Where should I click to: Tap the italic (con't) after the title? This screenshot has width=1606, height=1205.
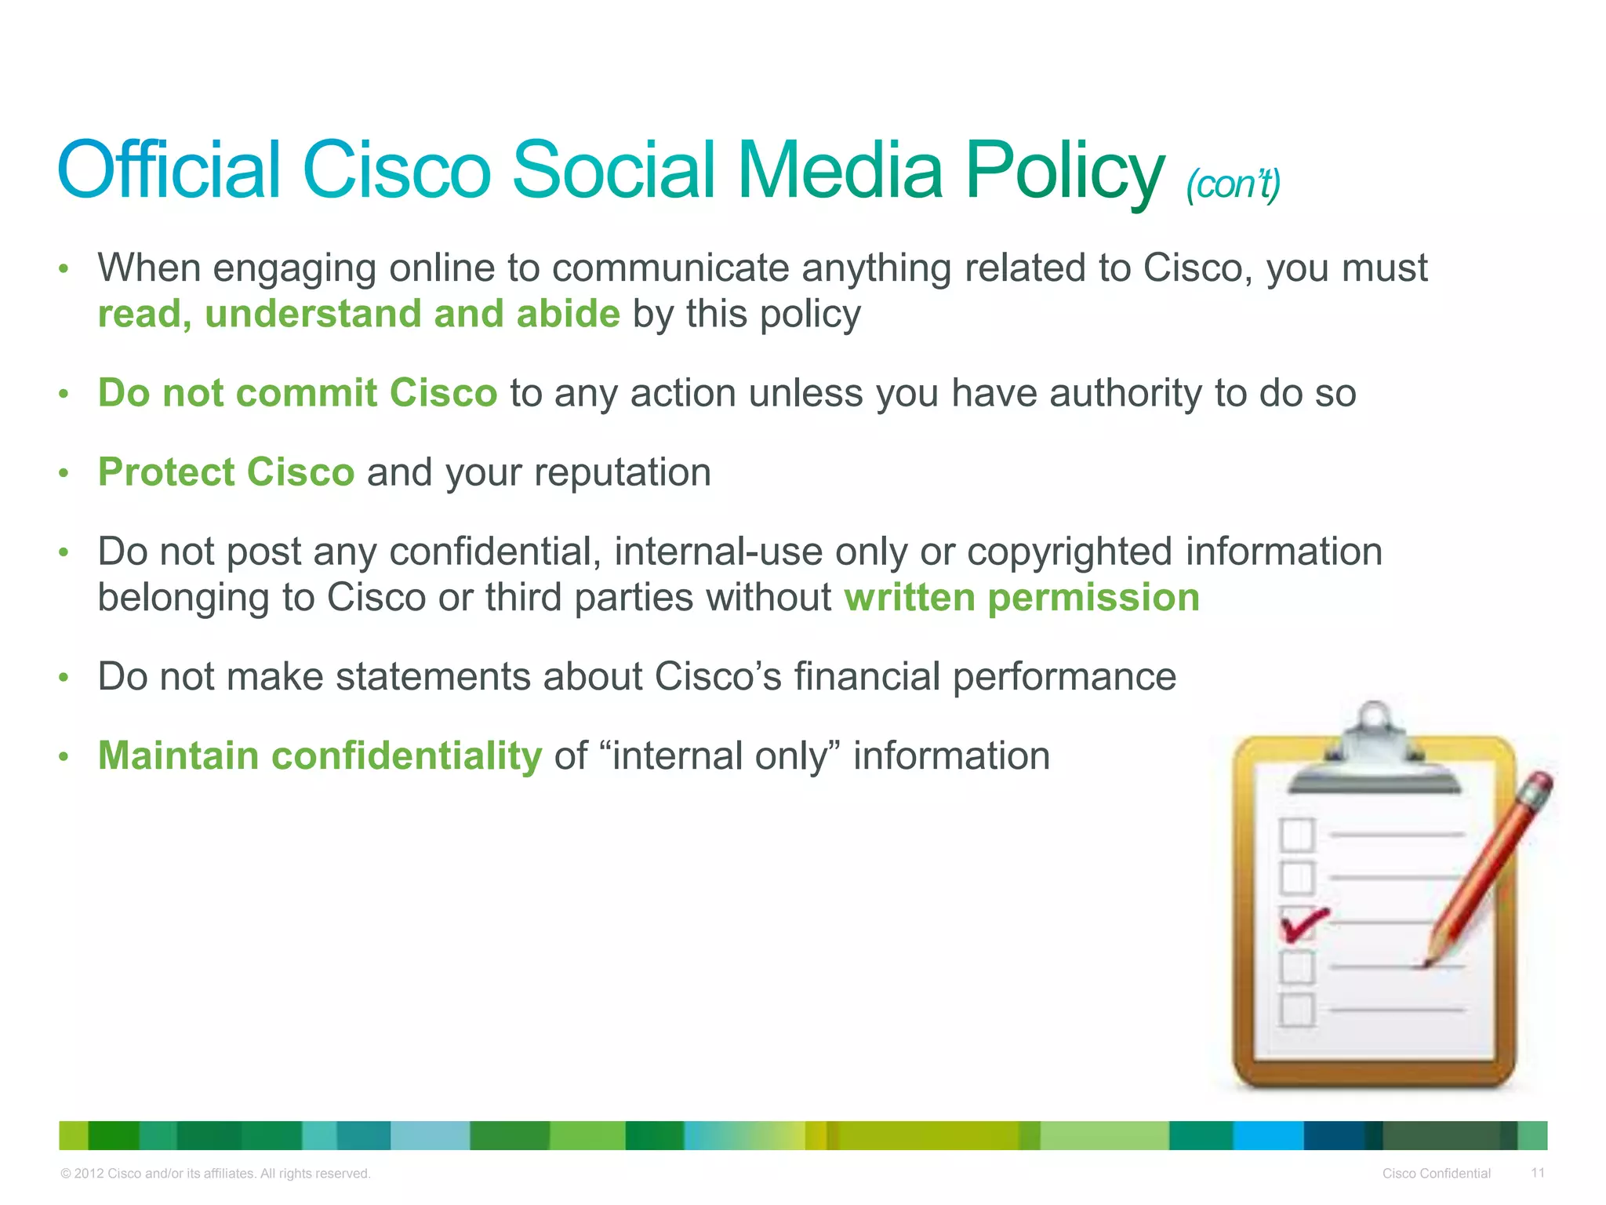click(1233, 184)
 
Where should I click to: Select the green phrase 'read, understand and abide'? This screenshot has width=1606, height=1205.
click(358, 314)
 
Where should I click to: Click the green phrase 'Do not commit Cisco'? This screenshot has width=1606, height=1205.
click(297, 392)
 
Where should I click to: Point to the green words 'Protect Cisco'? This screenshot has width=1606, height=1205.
click(226, 472)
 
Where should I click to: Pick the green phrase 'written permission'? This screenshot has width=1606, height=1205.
click(1022, 597)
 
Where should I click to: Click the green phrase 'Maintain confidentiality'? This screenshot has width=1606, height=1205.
click(319, 755)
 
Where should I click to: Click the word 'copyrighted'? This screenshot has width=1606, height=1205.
click(1070, 551)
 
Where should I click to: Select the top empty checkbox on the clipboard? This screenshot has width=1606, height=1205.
click(1296, 835)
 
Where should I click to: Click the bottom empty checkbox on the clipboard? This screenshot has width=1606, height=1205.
click(1296, 1010)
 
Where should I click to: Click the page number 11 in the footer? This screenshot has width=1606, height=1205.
click(1537, 1173)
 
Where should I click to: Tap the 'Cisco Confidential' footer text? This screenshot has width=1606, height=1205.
click(1436, 1174)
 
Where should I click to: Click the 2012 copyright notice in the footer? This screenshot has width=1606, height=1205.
click(215, 1174)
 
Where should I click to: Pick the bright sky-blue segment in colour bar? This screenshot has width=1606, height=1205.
click(1267, 1135)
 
